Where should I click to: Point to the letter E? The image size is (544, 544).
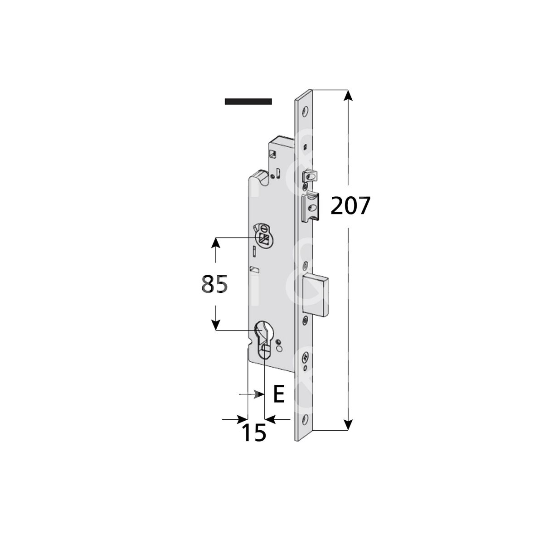click(x=279, y=394)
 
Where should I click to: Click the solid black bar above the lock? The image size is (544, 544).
click(x=248, y=102)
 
